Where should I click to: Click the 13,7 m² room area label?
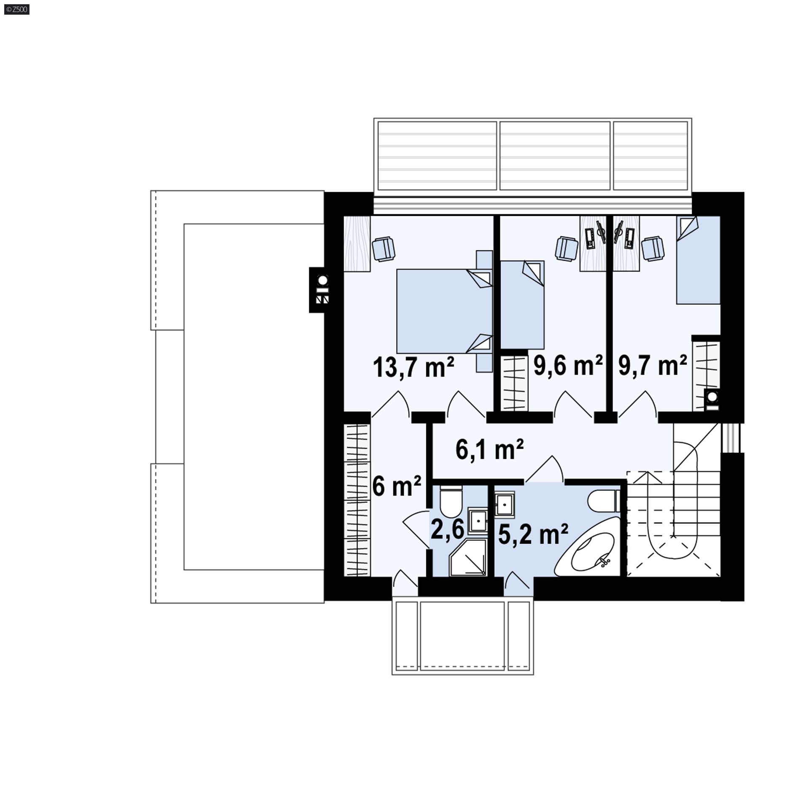(413, 367)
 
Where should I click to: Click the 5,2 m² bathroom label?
(533, 534)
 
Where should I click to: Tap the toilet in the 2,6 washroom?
(451, 502)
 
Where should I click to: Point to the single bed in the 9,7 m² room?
(698, 260)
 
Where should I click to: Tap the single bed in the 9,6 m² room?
(522, 305)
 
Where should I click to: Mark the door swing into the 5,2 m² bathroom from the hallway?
(545, 469)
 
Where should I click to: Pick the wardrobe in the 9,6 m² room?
(514, 383)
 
